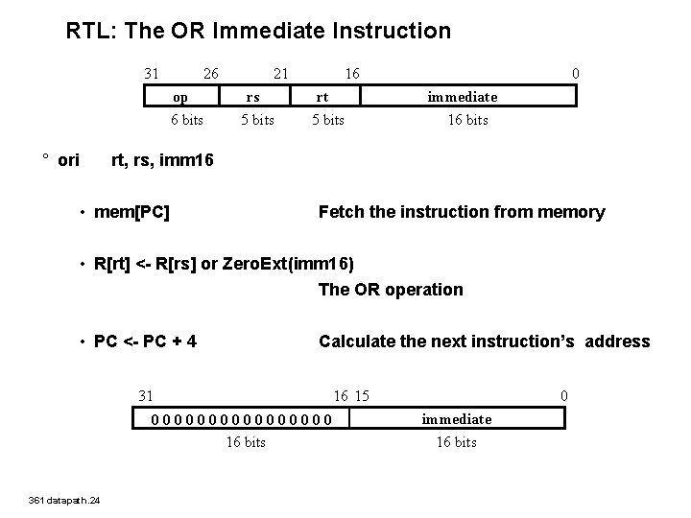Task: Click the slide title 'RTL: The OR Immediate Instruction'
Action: (258, 31)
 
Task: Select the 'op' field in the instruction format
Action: (180, 97)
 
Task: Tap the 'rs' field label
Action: (252, 97)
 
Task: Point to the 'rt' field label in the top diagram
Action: (323, 97)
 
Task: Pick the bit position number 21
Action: (280, 73)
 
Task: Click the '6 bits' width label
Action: (186, 120)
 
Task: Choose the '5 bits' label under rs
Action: (257, 120)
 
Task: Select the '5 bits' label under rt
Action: (327, 120)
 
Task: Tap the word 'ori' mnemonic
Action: (69, 159)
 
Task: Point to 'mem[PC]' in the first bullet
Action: (132, 212)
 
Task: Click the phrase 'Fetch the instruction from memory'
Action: (462, 212)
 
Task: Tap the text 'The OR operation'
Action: (391, 289)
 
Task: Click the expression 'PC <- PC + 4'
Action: (146, 341)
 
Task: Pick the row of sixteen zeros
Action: (243, 419)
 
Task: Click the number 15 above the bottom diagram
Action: (363, 395)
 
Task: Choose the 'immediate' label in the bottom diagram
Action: (457, 419)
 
